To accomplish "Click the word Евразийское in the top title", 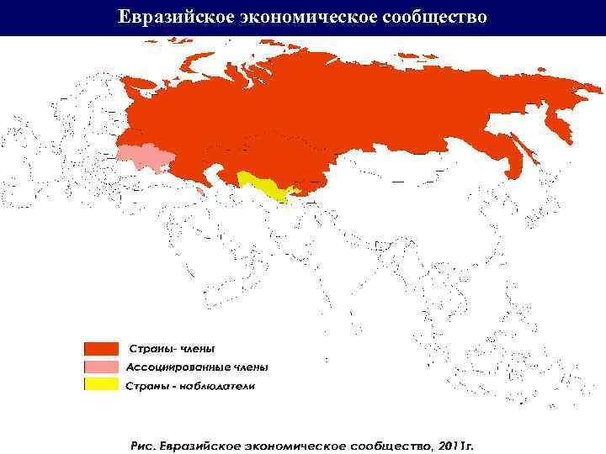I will tap(172, 17).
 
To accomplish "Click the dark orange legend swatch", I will tap(100, 348).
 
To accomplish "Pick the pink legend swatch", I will tap(100, 367).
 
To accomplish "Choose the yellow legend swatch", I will tap(100, 384).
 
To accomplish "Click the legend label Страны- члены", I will tap(172, 348).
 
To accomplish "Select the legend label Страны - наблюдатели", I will tap(189, 386).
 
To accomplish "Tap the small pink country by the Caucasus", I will tap(199, 192).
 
